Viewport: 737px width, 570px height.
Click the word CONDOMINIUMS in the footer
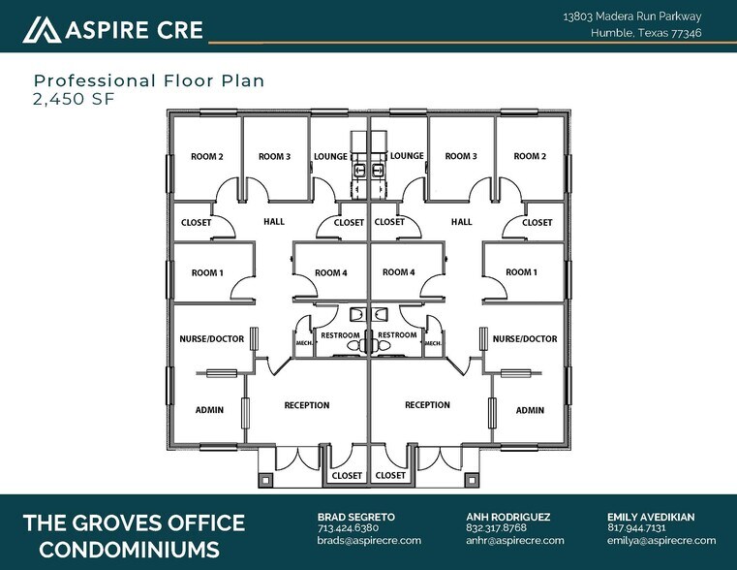121,550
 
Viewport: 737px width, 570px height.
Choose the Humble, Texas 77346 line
646,33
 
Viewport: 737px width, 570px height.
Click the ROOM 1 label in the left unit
207,272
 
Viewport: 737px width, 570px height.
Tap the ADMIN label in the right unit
530,410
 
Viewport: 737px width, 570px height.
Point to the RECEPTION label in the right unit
427,405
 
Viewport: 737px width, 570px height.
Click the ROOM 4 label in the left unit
330,272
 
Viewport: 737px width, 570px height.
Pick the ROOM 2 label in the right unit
530,156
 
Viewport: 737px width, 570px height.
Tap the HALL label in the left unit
274,222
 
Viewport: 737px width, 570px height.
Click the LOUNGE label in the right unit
407,156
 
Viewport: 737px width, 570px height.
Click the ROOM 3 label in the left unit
274,156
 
